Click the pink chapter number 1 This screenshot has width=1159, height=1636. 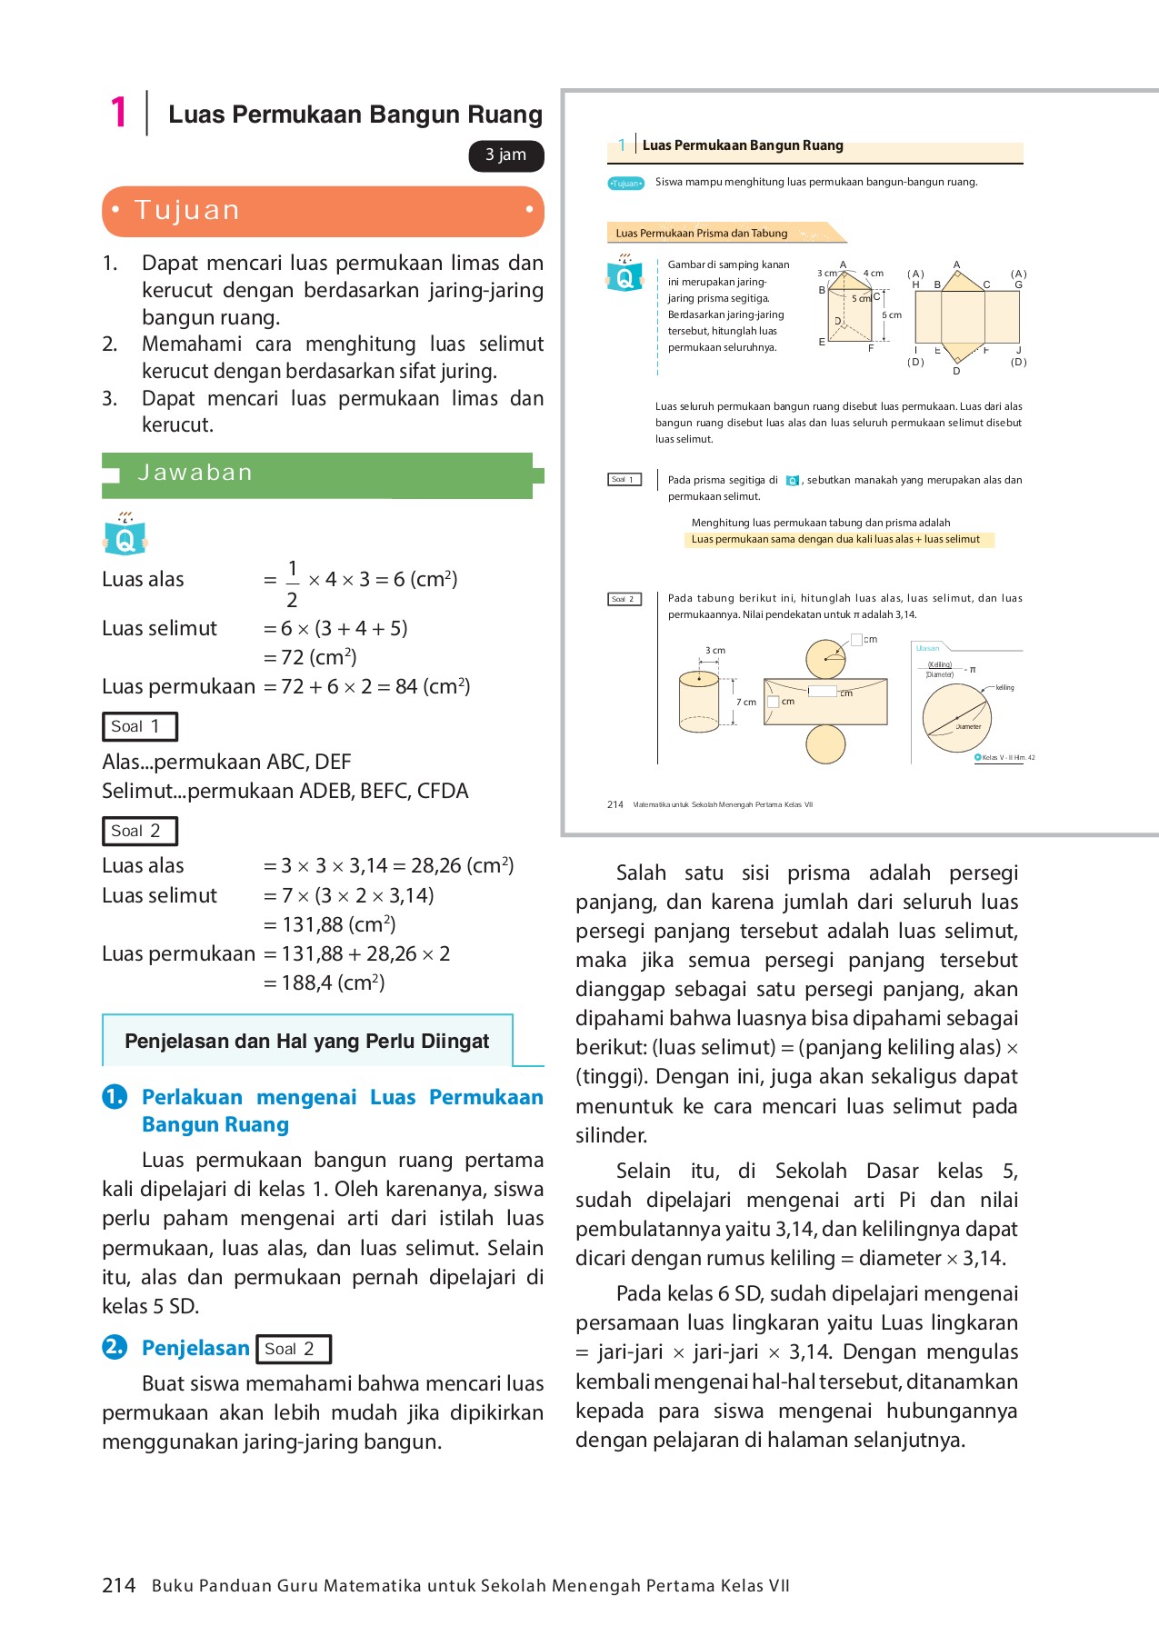pos(118,113)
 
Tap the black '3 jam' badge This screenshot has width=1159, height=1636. pos(505,155)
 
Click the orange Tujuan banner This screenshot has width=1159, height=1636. pos(323,211)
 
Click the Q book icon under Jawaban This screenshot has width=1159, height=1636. pos(125,536)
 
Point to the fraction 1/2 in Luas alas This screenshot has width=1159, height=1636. pos(292,584)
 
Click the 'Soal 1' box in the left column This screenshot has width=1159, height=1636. pos(139,726)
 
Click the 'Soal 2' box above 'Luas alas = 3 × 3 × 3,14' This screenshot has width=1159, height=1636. pos(139,831)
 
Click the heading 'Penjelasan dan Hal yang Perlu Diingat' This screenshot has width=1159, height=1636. pos(306,1042)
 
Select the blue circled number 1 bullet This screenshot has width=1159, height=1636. pos(115,1097)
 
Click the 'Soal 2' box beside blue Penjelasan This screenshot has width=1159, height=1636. pos(293,1349)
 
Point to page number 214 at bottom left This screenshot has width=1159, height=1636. pos(118,1585)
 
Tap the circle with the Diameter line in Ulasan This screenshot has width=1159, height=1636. pos(956,717)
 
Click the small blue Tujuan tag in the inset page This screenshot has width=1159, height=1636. pos(625,184)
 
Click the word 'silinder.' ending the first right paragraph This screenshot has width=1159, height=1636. pos(612,1135)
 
